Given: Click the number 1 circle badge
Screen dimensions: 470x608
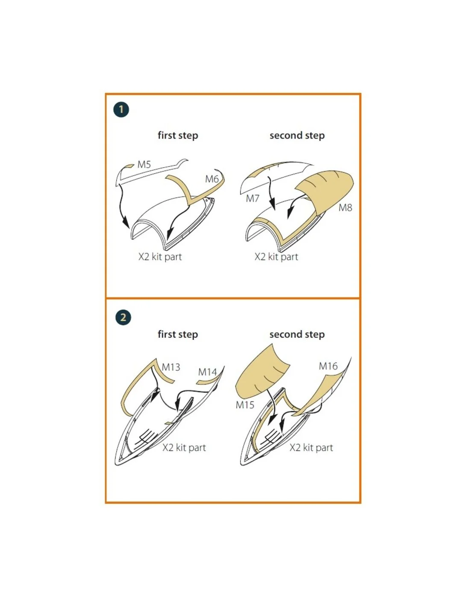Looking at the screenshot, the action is [121, 109].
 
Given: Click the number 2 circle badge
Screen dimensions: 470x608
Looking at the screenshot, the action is [123, 317].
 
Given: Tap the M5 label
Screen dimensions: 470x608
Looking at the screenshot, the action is [144, 164].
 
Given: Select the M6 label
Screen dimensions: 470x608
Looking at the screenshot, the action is [211, 179].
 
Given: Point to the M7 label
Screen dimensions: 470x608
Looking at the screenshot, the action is [253, 198].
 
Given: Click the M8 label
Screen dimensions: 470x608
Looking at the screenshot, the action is [345, 208].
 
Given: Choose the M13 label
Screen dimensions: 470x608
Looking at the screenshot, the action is [171, 367].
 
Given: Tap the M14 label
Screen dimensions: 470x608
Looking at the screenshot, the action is [207, 372].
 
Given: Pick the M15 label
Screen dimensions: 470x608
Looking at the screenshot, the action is [245, 404].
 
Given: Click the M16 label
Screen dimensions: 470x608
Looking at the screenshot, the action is [328, 366].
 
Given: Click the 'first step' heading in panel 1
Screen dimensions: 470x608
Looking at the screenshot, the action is [178, 136].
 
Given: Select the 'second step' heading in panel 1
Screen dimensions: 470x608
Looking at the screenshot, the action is [297, 136].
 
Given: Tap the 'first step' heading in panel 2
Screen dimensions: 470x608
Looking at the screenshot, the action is [178, 334].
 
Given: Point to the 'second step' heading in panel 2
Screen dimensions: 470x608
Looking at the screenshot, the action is [297, 334].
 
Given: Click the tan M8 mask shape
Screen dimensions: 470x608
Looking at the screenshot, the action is [324, 190].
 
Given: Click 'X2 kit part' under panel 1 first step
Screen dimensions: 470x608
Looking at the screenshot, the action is [160, 257].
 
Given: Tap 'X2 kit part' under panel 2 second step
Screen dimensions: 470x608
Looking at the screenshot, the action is [311, 447].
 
